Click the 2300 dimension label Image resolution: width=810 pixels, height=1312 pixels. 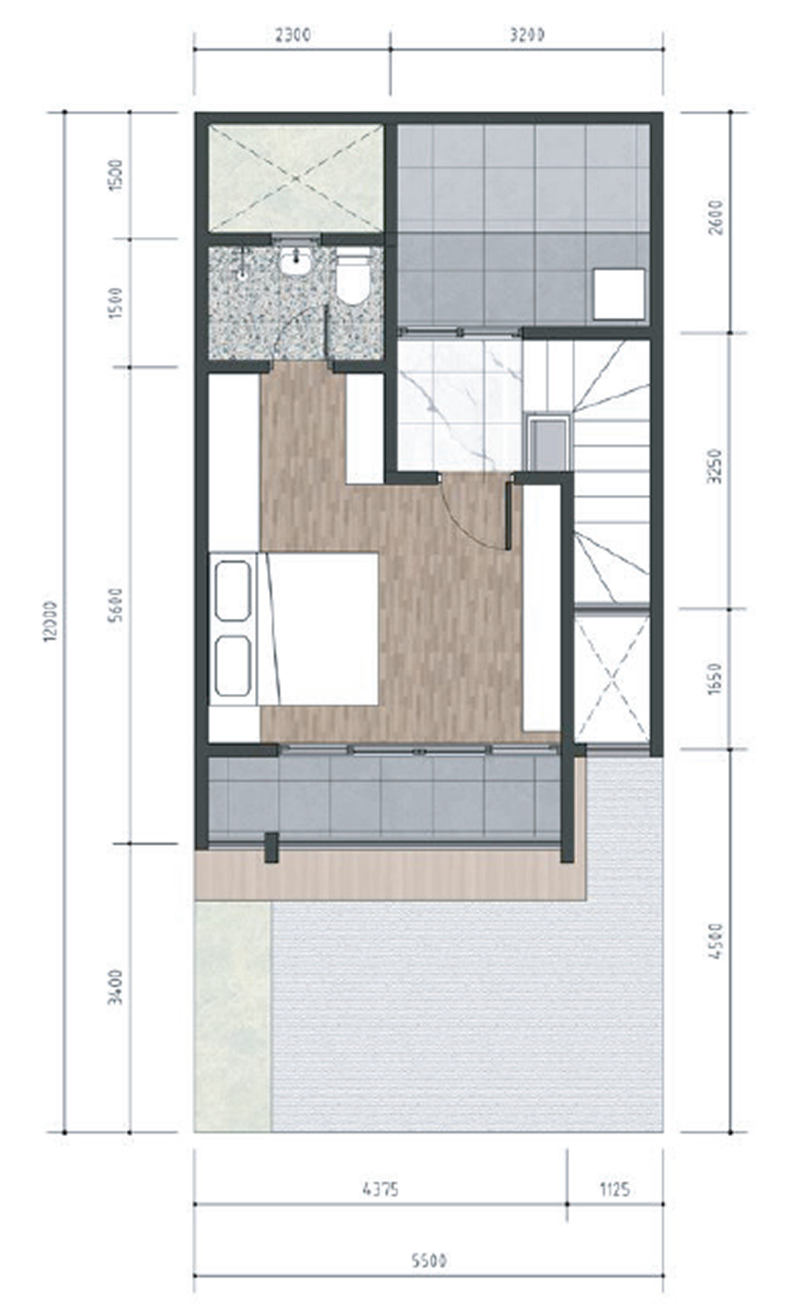[293, 36]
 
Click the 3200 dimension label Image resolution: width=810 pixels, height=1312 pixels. [527, 36]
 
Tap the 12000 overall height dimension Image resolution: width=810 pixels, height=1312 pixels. [51, 621]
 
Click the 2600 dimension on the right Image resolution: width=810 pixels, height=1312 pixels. [715, 217]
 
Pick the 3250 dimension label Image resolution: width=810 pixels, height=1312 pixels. [715, 466]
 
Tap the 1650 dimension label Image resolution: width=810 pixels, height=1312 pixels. [715, 679]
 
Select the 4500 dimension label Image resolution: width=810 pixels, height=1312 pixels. [715, 941]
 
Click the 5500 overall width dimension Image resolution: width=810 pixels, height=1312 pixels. [428, 1260]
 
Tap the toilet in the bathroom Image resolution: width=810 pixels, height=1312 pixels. [353, 278]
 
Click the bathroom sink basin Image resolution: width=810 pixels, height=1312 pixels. [297, 261]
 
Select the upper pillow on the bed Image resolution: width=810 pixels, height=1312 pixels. [233, 591]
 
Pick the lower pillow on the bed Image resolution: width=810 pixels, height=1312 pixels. [233, 667]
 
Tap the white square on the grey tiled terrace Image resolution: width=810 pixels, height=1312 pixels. [619, 294]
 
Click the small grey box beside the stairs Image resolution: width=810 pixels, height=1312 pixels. [548, 442]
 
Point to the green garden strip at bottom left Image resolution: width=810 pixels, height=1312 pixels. [232, 1017]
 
